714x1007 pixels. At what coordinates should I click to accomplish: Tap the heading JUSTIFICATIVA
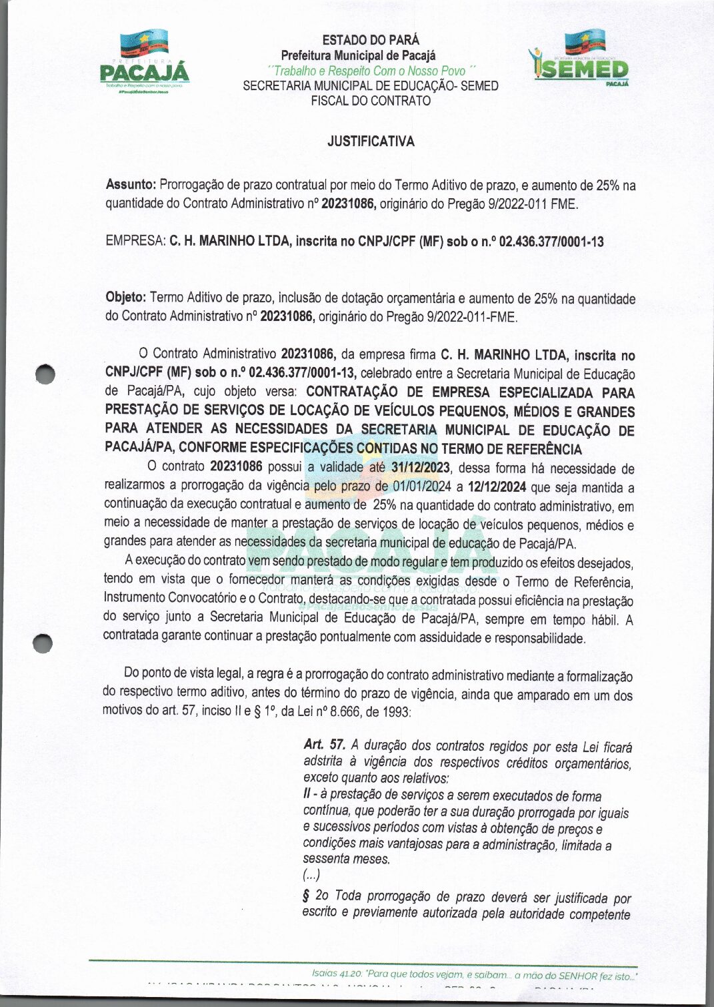(371, 141)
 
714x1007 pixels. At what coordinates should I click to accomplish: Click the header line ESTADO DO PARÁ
(371, 40)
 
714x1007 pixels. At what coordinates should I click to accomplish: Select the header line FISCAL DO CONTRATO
(371, 101)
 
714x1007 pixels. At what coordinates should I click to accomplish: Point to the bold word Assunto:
(131, 185)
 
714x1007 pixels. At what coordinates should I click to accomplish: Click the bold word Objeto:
(127, 298)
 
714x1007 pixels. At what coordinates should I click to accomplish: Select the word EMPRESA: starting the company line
(135, 241)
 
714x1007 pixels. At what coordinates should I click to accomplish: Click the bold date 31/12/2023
(421, 468)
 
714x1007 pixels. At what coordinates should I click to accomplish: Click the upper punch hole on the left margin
(45, 374)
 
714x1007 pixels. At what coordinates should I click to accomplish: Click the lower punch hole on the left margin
(43, 643)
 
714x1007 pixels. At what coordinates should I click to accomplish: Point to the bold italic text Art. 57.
(324, 745)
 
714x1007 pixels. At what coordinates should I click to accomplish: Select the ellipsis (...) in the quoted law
(311, 876)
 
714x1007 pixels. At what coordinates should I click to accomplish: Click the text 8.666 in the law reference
(353, 712)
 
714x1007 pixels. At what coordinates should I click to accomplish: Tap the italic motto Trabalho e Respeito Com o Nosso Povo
(371, 71)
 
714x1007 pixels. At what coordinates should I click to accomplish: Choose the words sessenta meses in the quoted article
(345, 860)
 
